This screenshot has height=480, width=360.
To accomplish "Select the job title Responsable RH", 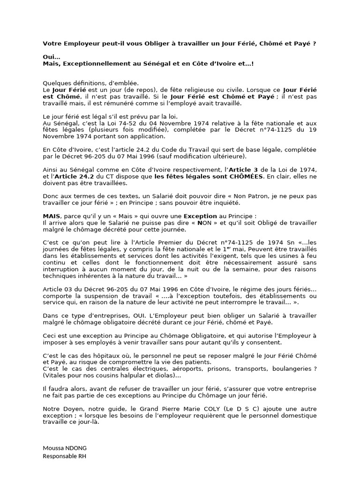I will click(x=65, y=456).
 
